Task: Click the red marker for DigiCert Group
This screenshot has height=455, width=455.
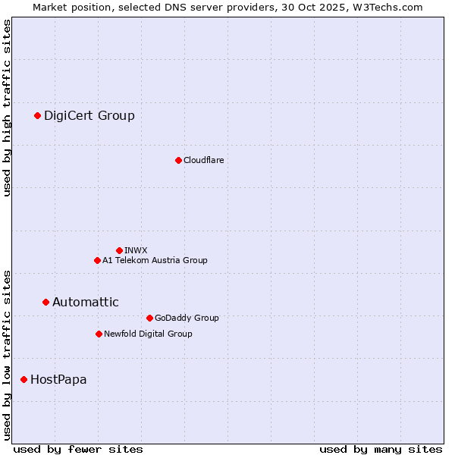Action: point(37,115)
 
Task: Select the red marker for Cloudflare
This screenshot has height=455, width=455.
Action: point(178,160)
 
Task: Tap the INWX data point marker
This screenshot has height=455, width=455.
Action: point(119,250)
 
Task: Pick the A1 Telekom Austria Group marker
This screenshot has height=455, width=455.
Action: point(97,260)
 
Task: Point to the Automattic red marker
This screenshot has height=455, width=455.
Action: point(45,302)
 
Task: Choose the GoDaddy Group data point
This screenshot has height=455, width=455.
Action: point(149,318)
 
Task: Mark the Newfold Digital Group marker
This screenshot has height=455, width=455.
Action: point(99,334)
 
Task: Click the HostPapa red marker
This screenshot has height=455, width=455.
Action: point(24,379)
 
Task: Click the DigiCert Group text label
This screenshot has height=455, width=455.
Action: point(89,115)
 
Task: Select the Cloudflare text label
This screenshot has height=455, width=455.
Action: point(203,160)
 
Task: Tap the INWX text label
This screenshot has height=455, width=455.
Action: point(136,250)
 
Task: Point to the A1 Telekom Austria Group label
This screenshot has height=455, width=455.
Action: point(155,260)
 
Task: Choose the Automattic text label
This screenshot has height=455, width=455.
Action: point(86,302)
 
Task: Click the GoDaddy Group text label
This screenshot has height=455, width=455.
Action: point(187,318)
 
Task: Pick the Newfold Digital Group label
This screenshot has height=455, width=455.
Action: point(148,334)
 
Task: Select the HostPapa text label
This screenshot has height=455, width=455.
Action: point(58,379)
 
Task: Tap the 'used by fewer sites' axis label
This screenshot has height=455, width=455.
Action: point(78,449)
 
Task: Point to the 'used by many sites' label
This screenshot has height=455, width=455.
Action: point(381,449)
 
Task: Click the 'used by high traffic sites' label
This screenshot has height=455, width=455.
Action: point(7,108)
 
